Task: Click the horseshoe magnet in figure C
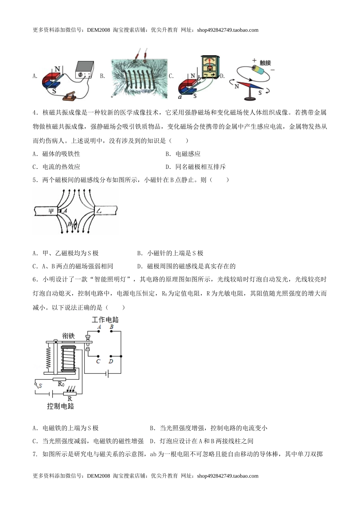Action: click(188, 87)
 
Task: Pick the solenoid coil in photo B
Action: click(139, 78)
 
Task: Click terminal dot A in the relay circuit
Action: click(99, 331)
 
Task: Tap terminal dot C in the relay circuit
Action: click(99, 356)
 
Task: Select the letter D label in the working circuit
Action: click(111, 362)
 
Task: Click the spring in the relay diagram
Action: click(48, 358)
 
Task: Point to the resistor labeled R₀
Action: click(59, 379)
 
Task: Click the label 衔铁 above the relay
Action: click(69, 336)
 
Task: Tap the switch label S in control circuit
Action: click(40, 386)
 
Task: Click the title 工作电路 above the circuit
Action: click(105, 320)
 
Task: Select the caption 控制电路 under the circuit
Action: click(60, 406)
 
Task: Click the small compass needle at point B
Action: click(75, 225)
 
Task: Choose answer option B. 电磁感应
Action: click(183, 154)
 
